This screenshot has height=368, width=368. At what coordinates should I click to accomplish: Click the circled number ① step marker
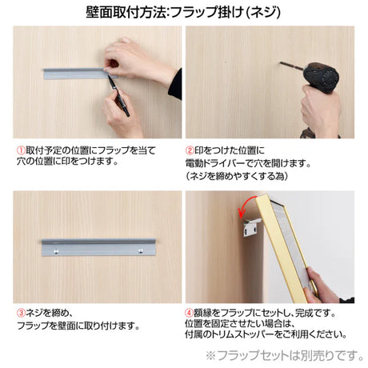pos(21,150)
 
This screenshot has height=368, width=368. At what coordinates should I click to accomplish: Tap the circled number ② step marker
pos(190,150)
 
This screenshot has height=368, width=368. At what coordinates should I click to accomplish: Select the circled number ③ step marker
pos(21,313)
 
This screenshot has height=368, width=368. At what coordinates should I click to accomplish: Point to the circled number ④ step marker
pos(189,313)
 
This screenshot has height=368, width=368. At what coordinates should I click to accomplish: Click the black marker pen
pos(118,95)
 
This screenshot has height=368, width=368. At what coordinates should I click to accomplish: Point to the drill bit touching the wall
pos(291,66)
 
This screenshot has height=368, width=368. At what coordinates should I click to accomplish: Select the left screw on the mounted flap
pos(56,251)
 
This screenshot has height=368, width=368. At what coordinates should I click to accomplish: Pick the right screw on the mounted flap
pos(141,250)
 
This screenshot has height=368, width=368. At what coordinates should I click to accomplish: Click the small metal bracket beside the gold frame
pos(251,227)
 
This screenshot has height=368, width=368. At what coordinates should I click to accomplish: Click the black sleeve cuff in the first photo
pos(175,85)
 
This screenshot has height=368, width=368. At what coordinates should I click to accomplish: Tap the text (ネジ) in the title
pos(262,12)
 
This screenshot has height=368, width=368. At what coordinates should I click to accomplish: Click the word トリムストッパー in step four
pos(246,334)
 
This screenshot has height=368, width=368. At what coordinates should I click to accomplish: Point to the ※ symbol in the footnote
pos(210,355)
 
